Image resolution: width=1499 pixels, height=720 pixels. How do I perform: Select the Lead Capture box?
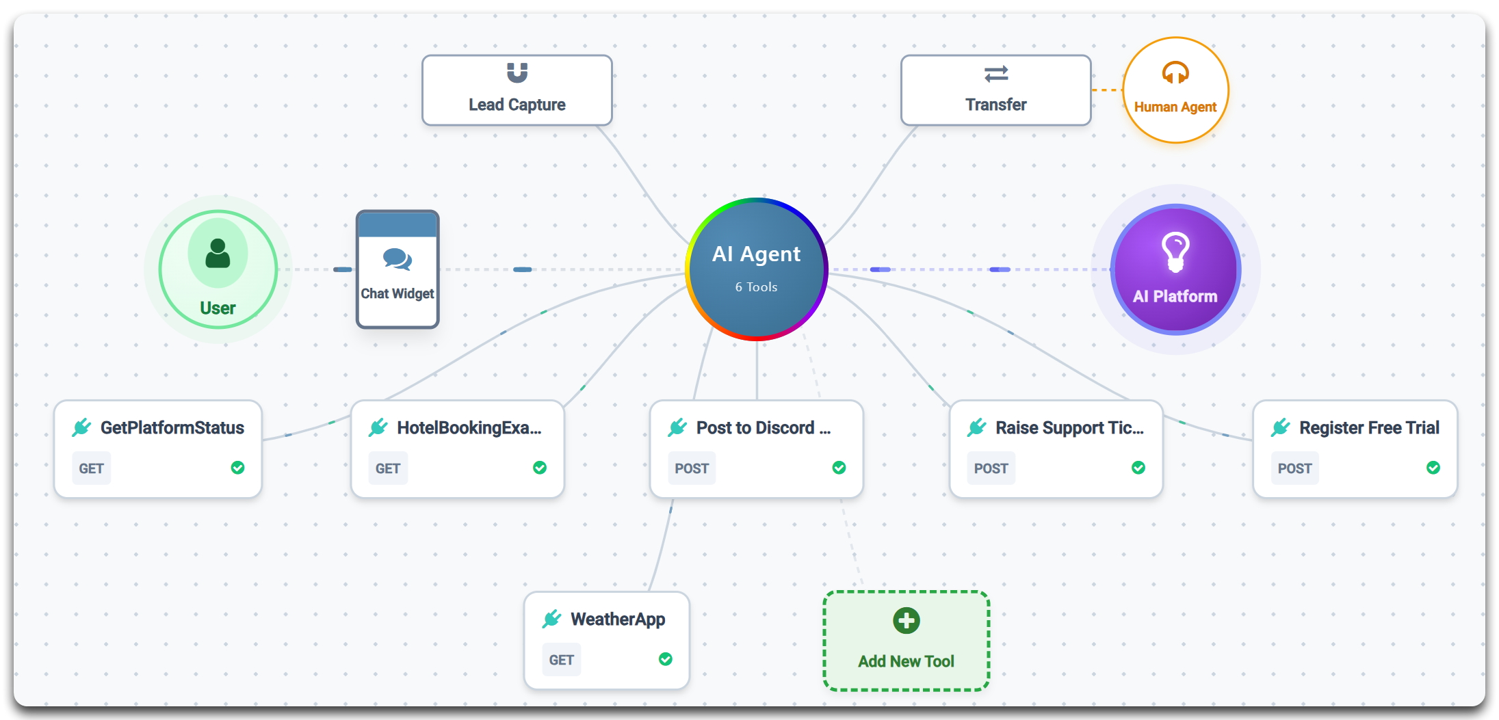point(517,91)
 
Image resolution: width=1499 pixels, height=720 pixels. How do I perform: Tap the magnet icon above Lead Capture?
point(517,72)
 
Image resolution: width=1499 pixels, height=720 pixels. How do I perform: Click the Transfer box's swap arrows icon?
point(995,73)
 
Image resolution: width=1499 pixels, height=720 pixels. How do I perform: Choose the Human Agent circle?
point(1175,90)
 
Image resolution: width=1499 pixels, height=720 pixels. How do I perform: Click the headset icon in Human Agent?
point(1175,72)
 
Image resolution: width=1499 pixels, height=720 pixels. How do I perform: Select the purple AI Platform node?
point(1175,269)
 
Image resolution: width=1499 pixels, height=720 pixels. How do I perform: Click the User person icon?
point(218,254)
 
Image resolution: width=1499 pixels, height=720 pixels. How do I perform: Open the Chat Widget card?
point(397,269)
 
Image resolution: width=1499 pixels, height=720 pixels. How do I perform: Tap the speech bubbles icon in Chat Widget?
point(397,259)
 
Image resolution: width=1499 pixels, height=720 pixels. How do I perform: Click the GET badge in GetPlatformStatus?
point(91,468)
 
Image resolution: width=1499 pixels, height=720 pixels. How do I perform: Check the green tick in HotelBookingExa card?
point(540,468)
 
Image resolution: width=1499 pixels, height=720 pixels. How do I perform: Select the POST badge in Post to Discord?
point(691,468)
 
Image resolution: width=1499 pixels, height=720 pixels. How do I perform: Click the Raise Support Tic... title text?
point(1069,428)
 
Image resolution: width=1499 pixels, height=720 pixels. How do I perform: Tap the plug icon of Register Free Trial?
point(1280,428)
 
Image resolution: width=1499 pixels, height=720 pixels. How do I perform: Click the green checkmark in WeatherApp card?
point(665,659)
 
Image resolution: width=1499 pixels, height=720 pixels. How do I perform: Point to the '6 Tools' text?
point(756,287)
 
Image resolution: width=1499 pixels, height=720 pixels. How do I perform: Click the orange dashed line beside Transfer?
point(1106,90)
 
